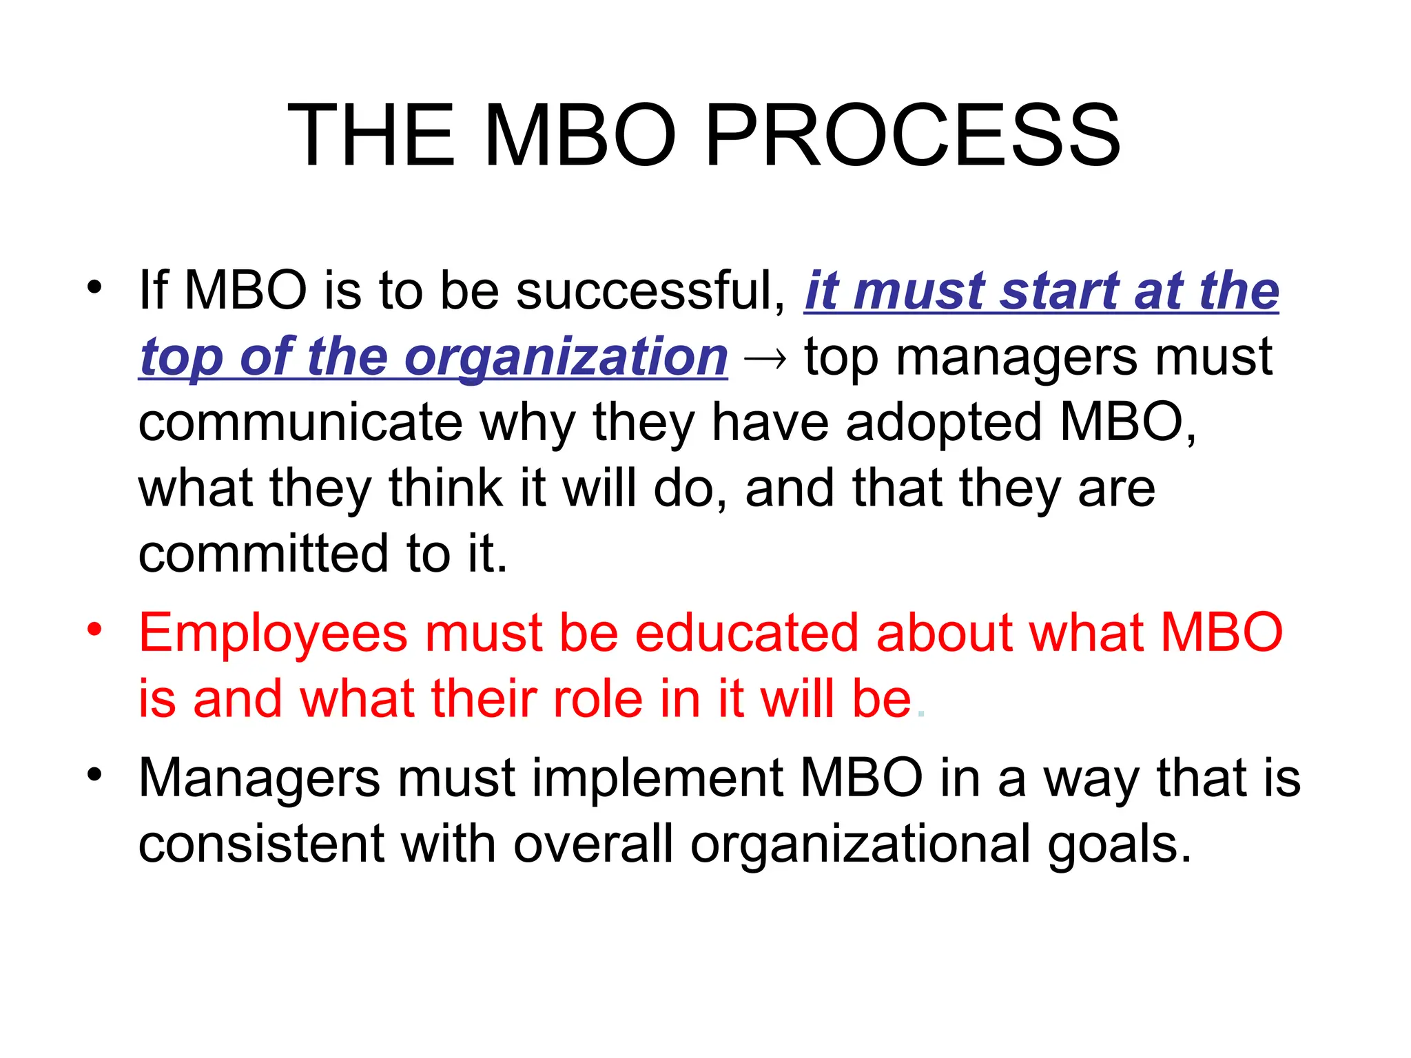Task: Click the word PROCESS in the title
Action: point(913,135)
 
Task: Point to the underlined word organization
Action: point(566,357)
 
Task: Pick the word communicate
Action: point(300,422)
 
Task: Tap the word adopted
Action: point(943,422)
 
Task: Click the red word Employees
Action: point(273,634)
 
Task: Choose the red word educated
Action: point(746,632)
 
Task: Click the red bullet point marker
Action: point(94,629)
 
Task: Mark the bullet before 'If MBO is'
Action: point(94,287)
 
